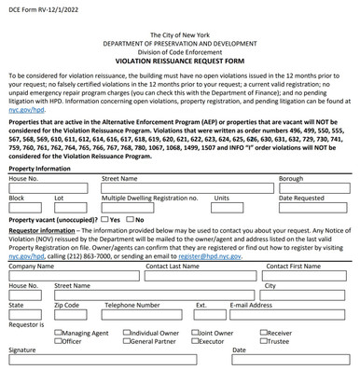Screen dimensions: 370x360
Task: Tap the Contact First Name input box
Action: click(x=307, y=276)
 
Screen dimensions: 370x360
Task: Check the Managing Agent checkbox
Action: click(x=60, y=332)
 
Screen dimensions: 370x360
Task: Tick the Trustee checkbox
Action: click(x=264, y=341)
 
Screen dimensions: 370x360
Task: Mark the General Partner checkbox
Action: click(x=128, y=341)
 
